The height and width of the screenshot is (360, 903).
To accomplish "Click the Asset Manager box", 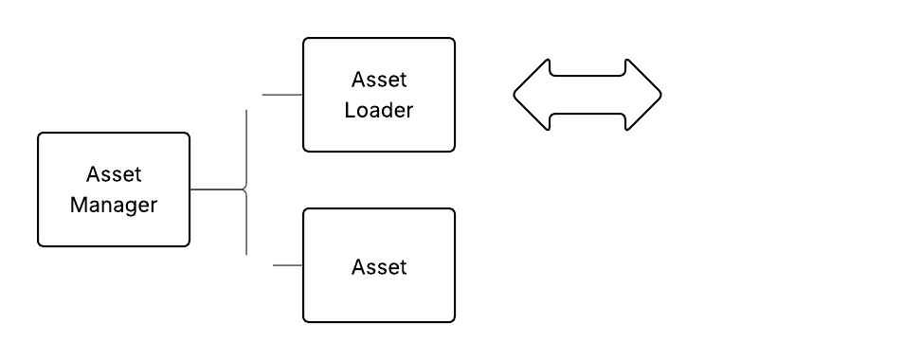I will coord(114,189).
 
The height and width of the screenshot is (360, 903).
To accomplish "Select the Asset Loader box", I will coord(378,94).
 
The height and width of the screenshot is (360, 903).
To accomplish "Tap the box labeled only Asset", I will coord(378,265).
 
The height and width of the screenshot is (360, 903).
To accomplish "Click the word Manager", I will coord(114,205).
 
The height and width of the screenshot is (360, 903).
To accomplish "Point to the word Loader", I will coord(378,110).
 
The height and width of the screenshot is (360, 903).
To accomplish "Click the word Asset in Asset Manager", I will coord(114,174).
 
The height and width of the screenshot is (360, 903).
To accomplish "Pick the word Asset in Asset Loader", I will coord(378,79).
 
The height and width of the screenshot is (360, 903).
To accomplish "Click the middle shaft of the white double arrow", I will coord(587,95).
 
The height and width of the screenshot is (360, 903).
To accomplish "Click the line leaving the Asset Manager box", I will coord(216,189).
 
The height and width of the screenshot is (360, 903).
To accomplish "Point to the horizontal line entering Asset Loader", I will coord(279,95).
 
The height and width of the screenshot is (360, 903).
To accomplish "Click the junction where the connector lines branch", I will coord(246,189).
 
